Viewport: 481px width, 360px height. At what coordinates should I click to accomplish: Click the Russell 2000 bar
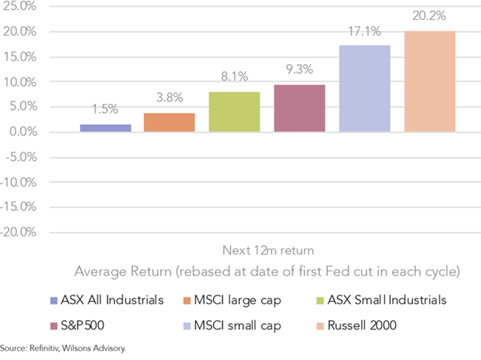click(x=430, y=81)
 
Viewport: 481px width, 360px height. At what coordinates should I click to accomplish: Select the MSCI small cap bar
click(x=364, y=89)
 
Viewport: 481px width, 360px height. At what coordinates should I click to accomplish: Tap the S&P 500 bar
click(x=300, y=108)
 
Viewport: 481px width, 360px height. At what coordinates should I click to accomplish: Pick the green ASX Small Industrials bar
click(x=234, y=112)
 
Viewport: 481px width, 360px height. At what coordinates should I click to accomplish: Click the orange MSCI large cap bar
click(x=169, y=122)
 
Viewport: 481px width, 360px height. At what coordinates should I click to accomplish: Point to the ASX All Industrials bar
click(x=105, y=127)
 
